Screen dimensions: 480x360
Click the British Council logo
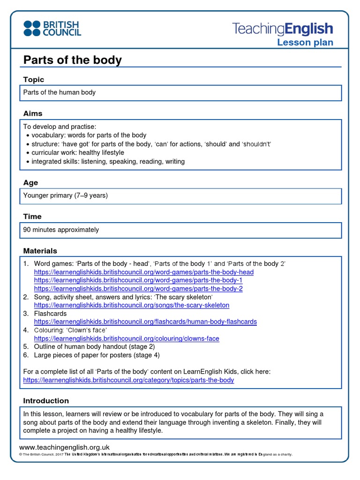pos(52,28)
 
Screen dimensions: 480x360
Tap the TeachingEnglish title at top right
pos(283,29)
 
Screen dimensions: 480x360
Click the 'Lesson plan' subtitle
pos(305,43)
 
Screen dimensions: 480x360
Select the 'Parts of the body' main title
pos(72,60)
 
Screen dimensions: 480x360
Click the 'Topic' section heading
pos(34,80)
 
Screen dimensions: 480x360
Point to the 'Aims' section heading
pos(33,113)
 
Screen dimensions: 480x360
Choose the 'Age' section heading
pos(30,183)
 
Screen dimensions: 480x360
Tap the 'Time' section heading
pos(32,217)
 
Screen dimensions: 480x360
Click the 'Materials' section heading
pos(40,251)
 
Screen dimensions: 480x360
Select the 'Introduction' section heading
pos(46,401)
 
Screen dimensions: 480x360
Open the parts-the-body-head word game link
pos(143,272)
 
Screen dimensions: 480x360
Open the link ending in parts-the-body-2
pos(138,289)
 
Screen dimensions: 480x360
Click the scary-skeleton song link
pos(132,305)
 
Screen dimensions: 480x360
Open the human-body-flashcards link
pos(145,322)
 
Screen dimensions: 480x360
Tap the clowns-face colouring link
pos(127,338)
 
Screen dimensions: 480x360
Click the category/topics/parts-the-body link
pos(128,380)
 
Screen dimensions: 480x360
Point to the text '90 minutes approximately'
pos(61,230)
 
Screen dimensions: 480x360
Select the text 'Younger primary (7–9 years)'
pos(66,195)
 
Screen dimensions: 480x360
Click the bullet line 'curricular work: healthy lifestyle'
pos(78,152)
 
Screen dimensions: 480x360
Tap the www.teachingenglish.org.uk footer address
pos(64,447)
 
